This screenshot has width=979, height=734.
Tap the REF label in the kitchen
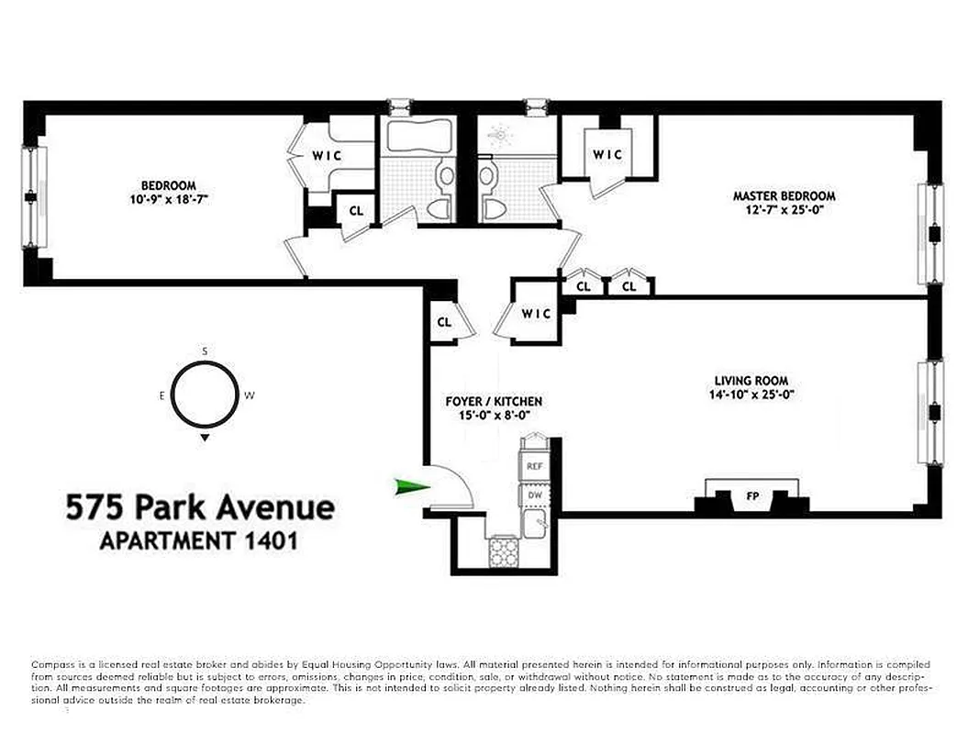point(533,466)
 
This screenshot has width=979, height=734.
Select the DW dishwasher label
point(533,496)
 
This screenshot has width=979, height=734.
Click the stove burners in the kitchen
point(502,552)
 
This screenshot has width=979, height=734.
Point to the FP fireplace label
point(752,497)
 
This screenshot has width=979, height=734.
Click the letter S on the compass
point(205,351)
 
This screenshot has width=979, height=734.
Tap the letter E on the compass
point(161,396)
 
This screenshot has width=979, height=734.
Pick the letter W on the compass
point(249,396)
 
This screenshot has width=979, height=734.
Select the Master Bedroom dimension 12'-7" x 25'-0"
point(784,210)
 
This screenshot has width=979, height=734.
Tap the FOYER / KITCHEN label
point(494,401)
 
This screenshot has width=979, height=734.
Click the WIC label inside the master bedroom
point(607,154)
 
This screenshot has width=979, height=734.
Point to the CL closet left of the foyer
point(444,322)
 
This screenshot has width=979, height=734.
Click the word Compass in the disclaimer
point(50,664)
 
